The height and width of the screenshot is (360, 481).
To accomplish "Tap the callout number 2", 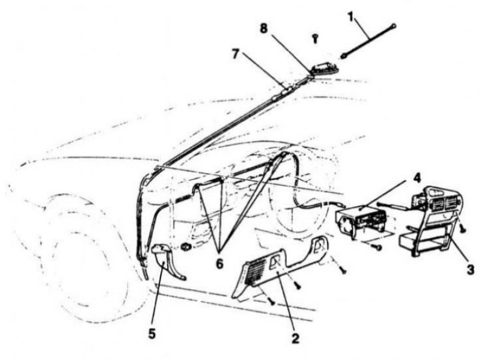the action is tap(295, 338).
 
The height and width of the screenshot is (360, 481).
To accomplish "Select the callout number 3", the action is tap(470, 269).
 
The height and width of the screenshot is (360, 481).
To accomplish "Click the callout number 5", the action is tap(152, 333).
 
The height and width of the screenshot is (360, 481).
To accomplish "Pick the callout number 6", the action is tap(219, 263).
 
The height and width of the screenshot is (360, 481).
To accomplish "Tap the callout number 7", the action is tap(235, 54).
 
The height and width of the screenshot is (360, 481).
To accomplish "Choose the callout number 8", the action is tap(264, 28).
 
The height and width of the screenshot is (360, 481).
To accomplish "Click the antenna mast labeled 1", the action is tap(368, 40).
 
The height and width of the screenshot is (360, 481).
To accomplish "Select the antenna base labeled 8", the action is tap(324, 69).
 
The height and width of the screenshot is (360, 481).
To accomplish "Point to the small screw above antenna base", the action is tap(315, 38).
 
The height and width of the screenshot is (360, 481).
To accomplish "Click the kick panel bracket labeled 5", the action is tap(167, 261).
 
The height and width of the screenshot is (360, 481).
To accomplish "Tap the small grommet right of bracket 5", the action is tap(186, 246).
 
